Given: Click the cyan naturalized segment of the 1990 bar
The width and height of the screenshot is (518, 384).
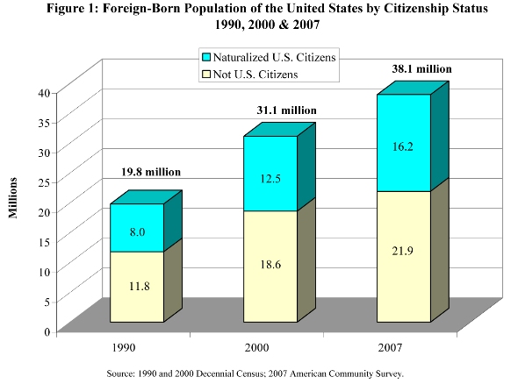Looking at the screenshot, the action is tap(137, 228).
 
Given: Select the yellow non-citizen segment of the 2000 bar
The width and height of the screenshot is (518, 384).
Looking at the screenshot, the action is tap(270, 267).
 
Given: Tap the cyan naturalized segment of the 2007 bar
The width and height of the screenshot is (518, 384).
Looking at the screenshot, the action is tap(404, 143).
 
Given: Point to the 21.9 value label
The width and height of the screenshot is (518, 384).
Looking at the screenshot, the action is tap(402, 251).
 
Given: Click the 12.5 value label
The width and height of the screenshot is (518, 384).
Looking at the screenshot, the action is tap(270, 179).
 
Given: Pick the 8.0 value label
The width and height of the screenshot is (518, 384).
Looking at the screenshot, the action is tap(137, 232).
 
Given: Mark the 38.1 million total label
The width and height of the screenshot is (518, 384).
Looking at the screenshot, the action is tap(422, 69).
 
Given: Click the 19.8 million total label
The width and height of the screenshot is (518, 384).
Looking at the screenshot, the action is tap(151, 172).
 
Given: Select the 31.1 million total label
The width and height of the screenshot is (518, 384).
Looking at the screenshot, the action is tap(286, 110).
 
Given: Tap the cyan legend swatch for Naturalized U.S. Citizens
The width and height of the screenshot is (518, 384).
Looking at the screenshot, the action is tap(206, 57).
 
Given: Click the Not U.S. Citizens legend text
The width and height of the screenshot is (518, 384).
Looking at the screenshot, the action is tap(255, 75).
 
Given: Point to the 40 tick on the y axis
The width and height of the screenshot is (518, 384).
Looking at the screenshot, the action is tap(44, 93).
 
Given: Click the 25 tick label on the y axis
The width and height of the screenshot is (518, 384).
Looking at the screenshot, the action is tap(44, 182).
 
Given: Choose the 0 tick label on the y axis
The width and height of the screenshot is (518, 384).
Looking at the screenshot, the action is tap(47, 331).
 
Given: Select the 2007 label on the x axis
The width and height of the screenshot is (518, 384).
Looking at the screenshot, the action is tap(390, 347).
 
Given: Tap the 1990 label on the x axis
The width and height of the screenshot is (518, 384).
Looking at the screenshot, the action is tap(124, 347).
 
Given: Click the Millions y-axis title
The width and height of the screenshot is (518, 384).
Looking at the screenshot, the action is tap(13, 198).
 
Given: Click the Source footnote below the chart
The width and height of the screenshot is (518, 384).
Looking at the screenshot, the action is tap(255, 373).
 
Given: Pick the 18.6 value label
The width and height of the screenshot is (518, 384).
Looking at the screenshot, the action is tap(270, 265).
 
